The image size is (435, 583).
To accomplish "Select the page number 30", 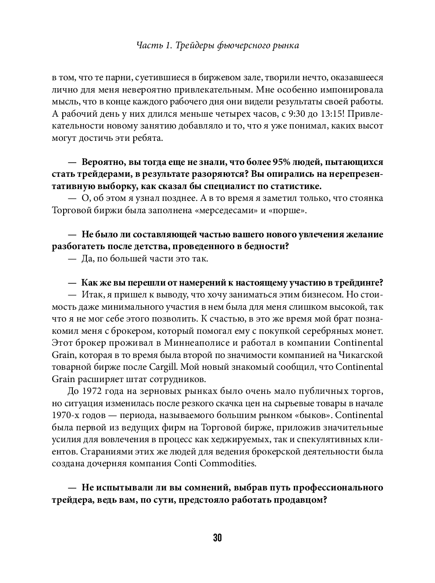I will click(x=217, y=538).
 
